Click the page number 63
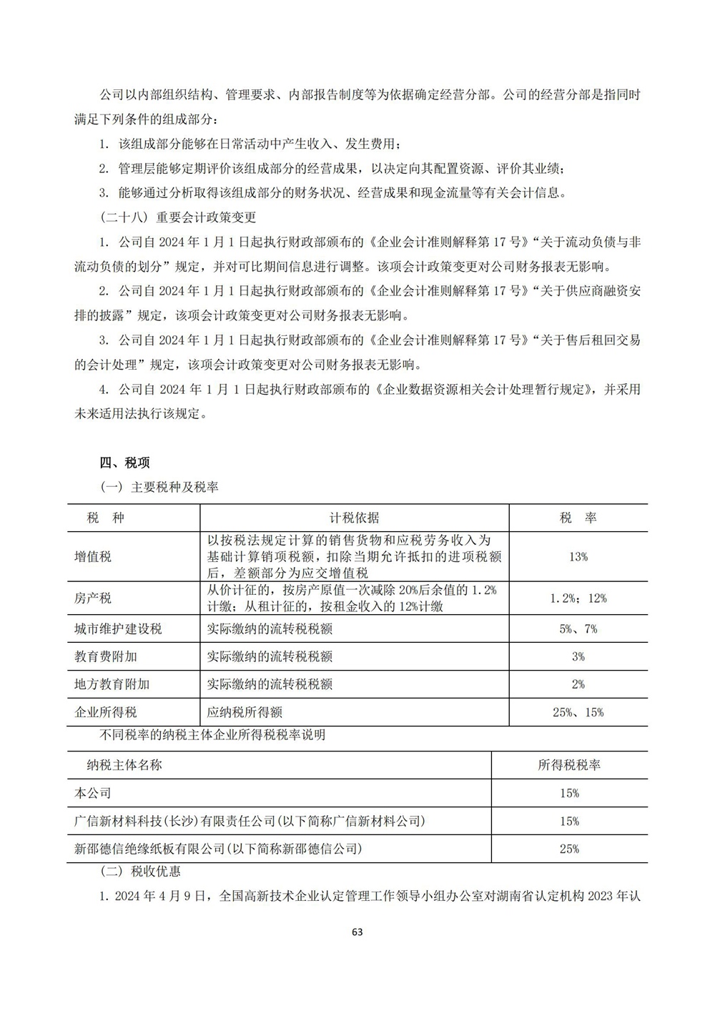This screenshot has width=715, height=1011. coord(358,932)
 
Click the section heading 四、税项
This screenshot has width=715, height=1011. coord(125,463)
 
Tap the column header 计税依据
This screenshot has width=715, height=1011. coord(355,518)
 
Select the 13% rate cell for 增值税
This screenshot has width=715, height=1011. coord(578,556)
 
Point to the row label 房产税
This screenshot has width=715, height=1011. coord(93,598)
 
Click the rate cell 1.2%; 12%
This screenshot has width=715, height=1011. coord(578,598)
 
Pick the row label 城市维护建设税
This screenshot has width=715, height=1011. coord(118,629)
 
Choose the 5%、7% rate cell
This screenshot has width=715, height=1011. coord(578,629)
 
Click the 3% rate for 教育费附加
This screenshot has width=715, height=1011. coord(578,656)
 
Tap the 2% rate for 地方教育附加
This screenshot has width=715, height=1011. coord(578,684)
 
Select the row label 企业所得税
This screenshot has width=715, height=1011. coord(106,712)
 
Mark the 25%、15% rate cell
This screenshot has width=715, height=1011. coord(578,712)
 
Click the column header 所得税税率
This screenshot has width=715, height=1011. coord(569,765)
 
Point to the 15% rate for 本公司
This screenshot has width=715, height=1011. coord(569,793)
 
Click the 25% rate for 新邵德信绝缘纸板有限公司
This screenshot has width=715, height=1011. coord(569,849)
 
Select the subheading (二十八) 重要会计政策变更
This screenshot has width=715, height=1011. coord(178,217)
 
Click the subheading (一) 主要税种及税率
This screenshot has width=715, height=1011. coord(159,488)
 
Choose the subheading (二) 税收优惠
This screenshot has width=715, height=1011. coord(141,872)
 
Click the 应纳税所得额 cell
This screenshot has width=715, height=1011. coord(245,712)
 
